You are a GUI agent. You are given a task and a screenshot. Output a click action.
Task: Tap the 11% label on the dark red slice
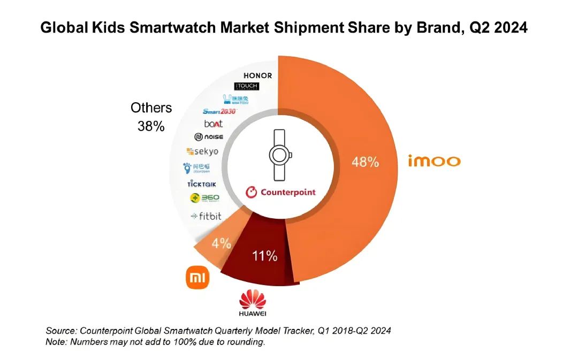point(264,256)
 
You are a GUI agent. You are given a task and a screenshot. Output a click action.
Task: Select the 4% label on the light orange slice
point(221,243)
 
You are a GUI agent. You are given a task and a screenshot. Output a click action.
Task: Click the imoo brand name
point(434,161)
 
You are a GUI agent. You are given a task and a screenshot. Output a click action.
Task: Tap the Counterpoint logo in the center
point(280,192)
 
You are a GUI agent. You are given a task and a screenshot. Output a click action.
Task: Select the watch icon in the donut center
point(280,156)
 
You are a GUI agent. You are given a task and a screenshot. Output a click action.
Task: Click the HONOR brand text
point(257,75)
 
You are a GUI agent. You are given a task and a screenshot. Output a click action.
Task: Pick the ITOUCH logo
point(247,87)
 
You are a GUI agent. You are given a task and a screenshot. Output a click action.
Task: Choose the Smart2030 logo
point(219,111)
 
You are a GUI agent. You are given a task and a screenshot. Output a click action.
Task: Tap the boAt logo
point(213,124)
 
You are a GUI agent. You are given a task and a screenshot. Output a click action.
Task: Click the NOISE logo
point(209,137)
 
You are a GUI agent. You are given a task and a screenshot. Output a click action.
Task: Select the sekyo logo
point(202,152)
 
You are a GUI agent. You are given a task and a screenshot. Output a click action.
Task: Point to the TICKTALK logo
point(201,183)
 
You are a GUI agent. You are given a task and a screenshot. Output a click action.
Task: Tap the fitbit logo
point(206,217)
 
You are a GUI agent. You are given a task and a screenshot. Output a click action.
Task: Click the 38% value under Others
point(151,127)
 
